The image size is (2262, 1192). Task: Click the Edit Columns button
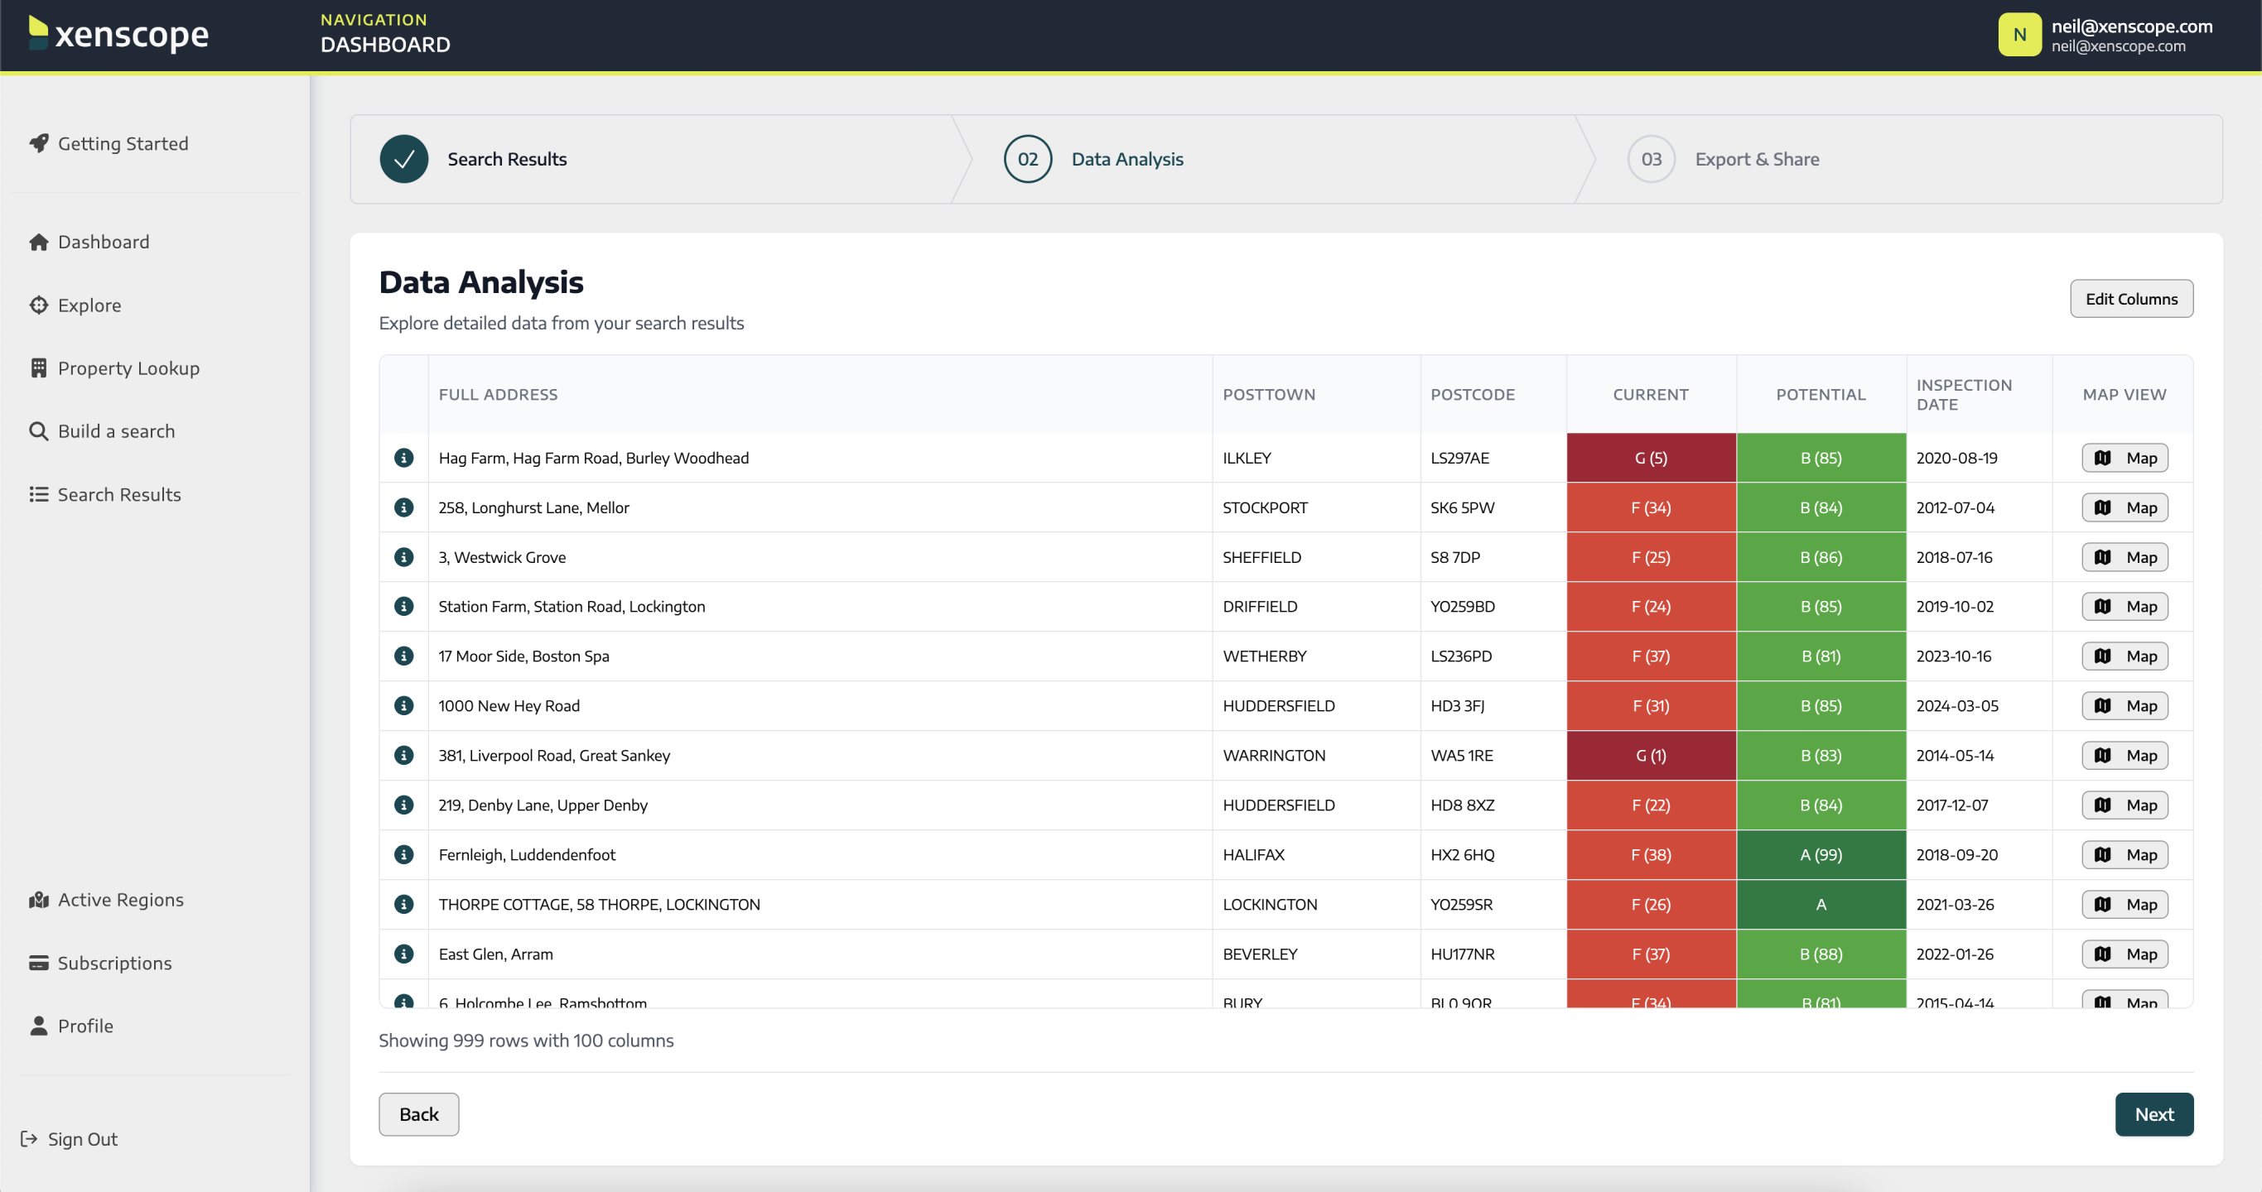point(2130,300)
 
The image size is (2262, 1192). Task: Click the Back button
point(418,1114)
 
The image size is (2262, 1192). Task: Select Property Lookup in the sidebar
point(128,368)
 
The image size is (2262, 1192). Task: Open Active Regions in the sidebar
point(120,900)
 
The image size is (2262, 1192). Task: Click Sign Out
point(82,1139)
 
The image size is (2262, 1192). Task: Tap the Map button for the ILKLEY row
point(2125,459)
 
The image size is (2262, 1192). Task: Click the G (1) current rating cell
point(1650,756)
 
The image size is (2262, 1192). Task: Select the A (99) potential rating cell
point(1821,855)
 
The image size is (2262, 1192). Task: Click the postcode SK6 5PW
point(1462,508)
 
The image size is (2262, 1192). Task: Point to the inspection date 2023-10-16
point(1953,656)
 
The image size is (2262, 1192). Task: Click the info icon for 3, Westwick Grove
point(404,557)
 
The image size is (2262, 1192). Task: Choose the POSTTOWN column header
point(1269,395)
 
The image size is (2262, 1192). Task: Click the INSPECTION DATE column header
point(1964,395)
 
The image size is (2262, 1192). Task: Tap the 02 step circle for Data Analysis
point(1027,160)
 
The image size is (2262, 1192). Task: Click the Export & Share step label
point(1756,160)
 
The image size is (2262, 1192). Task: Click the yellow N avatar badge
point(2018,35)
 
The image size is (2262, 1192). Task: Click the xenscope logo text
point(132,35)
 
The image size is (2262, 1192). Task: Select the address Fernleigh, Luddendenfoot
point(527,855)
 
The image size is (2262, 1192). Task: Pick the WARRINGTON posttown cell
point(1273,756)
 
